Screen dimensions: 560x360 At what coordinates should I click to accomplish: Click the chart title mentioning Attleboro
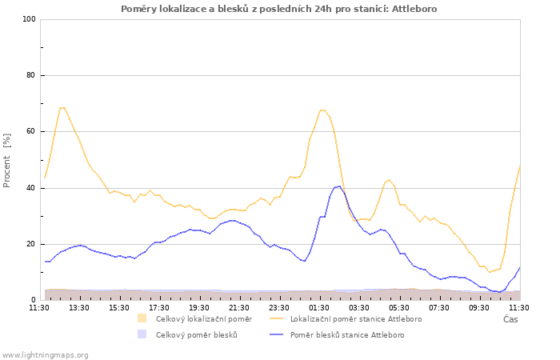279,9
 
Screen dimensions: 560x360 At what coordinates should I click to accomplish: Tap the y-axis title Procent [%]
6,160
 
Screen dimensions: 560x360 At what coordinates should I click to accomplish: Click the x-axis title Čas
510,319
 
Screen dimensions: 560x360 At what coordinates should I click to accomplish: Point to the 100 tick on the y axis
30,19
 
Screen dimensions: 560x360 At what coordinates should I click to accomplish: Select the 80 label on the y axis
31,75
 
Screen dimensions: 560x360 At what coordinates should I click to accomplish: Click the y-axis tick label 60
31,131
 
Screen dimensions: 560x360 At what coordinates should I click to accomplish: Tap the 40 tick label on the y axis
31,188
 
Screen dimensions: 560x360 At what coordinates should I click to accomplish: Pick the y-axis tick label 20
31,244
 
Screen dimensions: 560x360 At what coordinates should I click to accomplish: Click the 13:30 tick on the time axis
79,307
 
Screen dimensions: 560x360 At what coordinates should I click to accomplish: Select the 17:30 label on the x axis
159,307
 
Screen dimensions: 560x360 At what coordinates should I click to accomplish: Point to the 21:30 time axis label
239,307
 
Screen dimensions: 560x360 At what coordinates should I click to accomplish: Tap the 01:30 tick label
319,307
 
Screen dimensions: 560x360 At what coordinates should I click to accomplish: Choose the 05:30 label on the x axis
399,307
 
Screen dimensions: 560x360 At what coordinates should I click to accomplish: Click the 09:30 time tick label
479,307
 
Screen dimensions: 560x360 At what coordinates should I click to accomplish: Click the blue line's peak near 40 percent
338,186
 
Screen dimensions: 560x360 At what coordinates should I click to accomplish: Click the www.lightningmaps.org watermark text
45,355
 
